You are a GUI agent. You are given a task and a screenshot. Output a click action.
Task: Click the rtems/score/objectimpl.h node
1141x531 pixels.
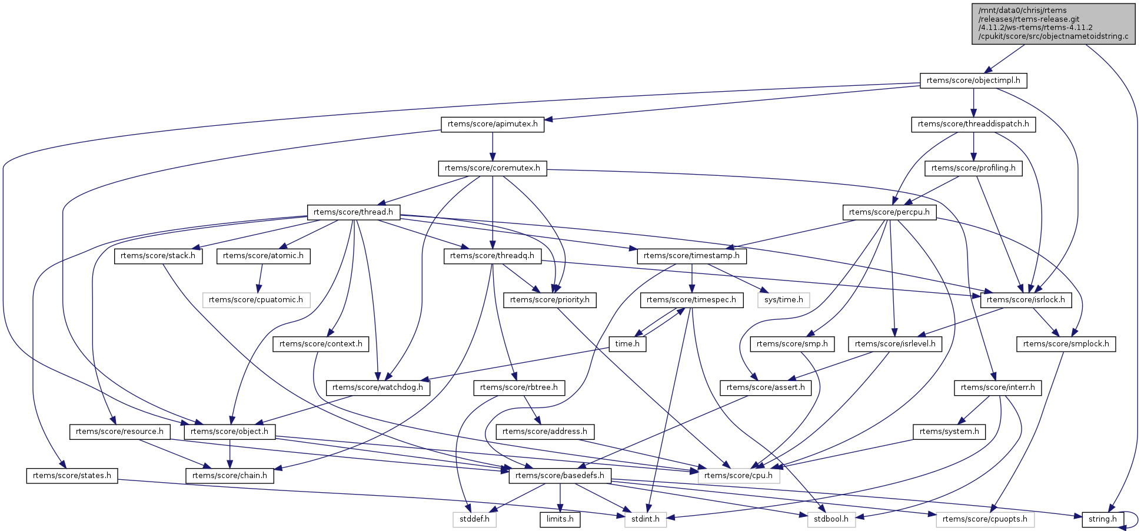coord(973,81)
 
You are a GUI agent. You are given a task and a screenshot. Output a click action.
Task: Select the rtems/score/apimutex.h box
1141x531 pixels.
coord(493,125)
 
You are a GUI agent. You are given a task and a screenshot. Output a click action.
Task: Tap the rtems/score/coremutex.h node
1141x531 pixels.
coord(493,168)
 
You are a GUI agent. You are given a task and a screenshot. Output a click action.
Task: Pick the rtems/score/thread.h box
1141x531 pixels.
coord(353,212)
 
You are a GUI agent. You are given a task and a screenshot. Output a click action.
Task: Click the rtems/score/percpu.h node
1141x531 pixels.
coord(889,212)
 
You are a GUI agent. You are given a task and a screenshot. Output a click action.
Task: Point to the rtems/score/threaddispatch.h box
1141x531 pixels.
coord(973,125)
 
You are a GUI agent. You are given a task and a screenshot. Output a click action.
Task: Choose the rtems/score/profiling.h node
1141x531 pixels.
coord(973,168)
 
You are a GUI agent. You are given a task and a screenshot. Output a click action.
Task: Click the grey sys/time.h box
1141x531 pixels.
coord(783,300)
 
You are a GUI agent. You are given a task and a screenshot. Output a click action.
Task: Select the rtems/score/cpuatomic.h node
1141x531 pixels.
coord(256,300)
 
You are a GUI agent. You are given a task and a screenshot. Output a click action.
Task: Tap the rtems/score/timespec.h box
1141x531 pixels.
coord(691,300)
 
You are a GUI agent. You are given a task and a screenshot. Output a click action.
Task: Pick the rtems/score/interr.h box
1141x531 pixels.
coord(998,388)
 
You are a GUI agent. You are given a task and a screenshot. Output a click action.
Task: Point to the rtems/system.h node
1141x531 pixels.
coord(949,432)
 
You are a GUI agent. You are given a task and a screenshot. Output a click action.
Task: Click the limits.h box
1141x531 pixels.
coord(560,519)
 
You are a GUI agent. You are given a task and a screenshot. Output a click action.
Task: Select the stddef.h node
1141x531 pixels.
coord(474,519)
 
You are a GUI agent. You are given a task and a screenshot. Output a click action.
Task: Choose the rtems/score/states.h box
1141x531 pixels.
coord(72,476)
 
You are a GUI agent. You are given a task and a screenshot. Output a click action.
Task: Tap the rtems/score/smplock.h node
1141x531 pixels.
coord(1066,344)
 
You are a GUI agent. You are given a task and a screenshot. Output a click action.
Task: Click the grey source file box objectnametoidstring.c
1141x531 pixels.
coord(1053,24)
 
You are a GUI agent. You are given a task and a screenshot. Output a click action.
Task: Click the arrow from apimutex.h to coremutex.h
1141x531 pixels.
coord(493,146)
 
